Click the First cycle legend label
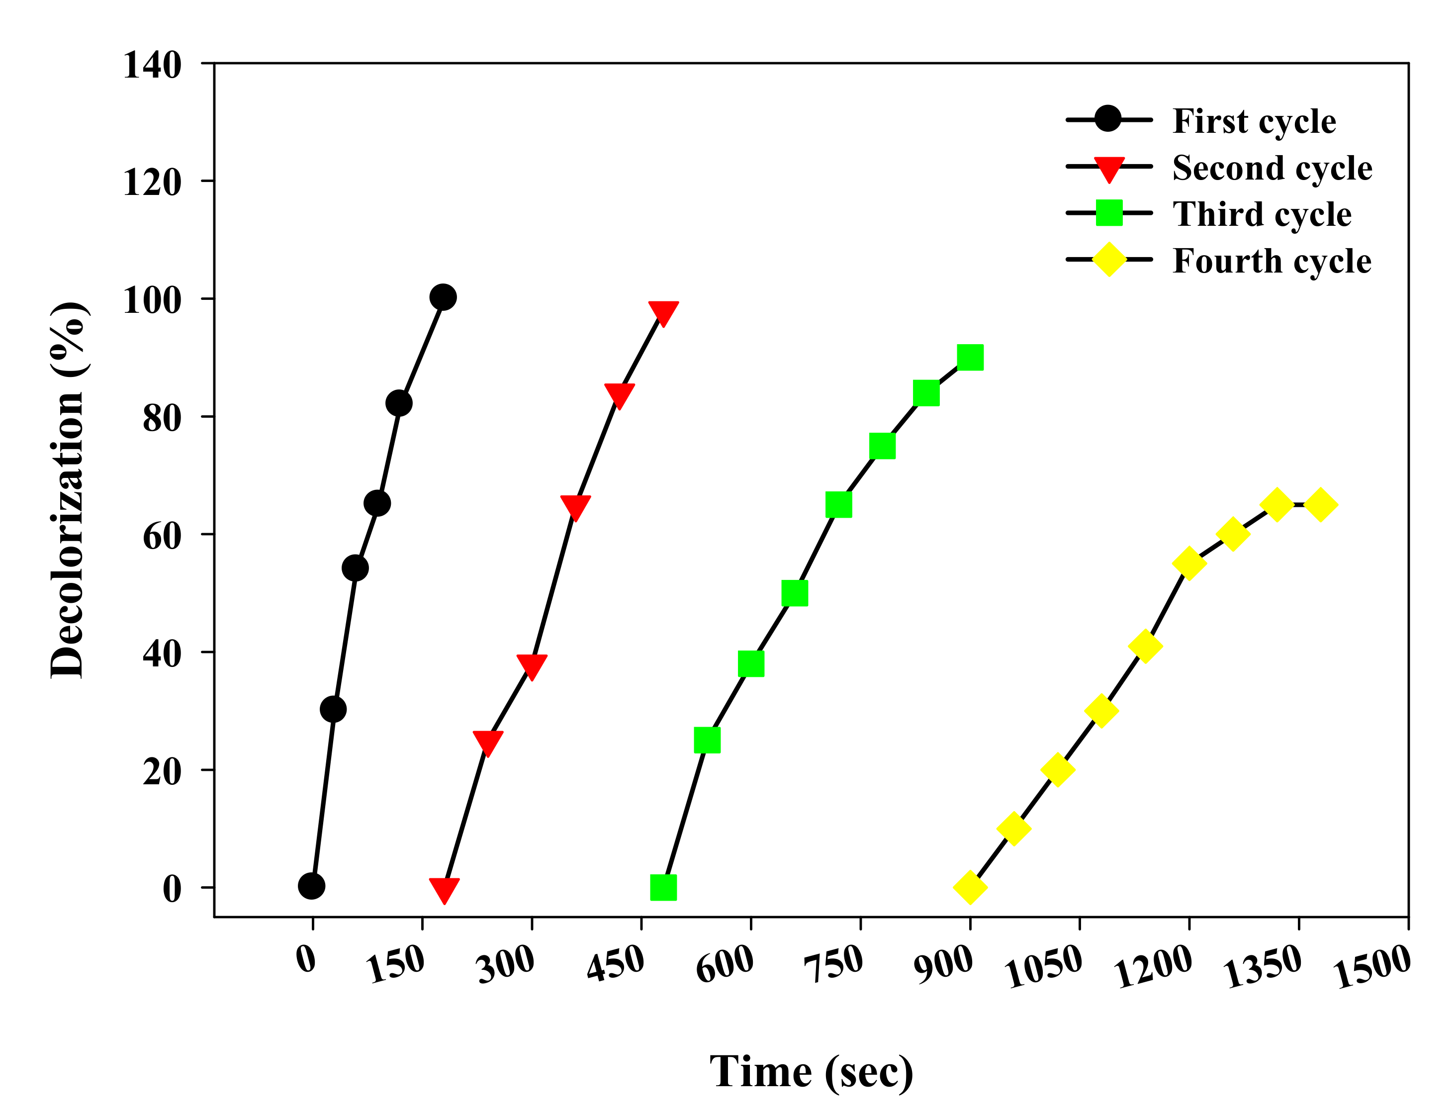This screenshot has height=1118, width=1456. tap(1254, 121)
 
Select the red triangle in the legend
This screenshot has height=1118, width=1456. tap(1108, 169)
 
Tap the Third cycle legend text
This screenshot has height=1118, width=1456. tap(1262, 214)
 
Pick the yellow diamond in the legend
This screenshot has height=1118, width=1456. tap(1108, 260)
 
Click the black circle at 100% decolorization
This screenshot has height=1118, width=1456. tap(443, 297)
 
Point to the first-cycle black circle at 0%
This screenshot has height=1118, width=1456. tap(311, 886)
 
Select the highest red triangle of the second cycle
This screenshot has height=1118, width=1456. tap(663, 311)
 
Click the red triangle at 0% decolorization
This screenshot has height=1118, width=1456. tap(444, 889)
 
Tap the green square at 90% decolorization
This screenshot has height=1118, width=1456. tap(970, 358)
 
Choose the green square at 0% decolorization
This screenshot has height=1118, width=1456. tap(663, 887)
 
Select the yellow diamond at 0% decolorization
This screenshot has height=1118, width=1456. tap(970, 887)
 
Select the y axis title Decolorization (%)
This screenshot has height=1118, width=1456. tap(67, 490)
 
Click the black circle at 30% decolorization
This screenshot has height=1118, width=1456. tap(333, 709)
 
